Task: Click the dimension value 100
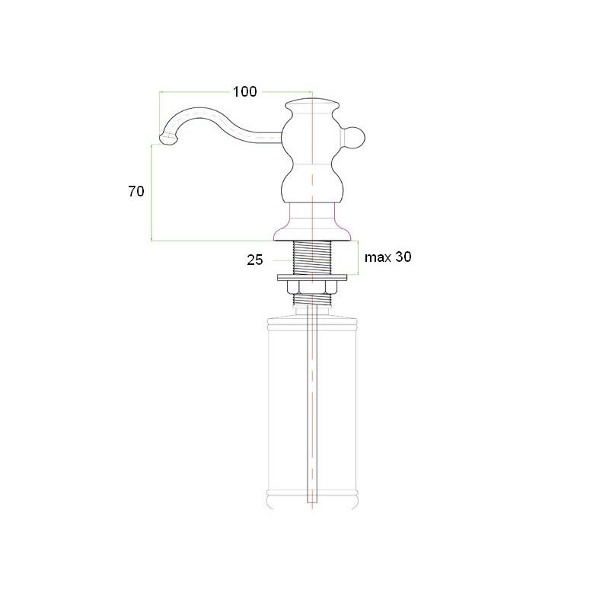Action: (x=244, y=91)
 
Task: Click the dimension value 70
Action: (x=136, y=191)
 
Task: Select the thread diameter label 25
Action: (x=255, y=260)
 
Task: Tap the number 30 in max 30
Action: (x=403, y=257)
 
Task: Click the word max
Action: (x=378, y=257)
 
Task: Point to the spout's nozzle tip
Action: (x=167, y=139)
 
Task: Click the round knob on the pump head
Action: (x=354, y=139)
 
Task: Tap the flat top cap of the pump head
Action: (x=312, y=104)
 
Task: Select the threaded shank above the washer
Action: (x=312, y=257)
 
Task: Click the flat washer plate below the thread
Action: (x=312, y=278)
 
